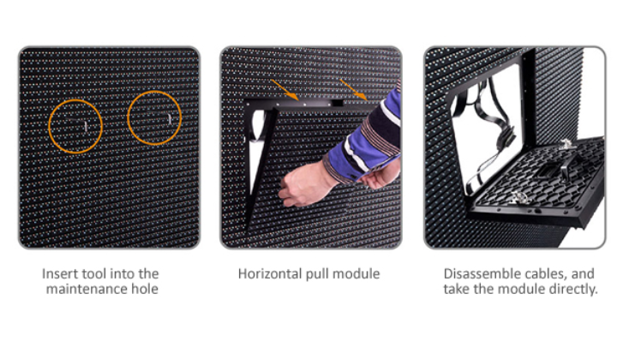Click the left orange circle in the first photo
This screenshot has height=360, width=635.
click(x=49, y=126)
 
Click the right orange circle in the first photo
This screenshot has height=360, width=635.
click(x=128, y=117)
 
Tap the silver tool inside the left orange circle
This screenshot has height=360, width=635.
click(x=86, y=126)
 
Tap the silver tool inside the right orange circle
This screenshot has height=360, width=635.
click(x=170, y=119)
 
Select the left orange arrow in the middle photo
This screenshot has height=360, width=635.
click(x=285, y=90)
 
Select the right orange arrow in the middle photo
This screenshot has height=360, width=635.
click(x=354, y=90)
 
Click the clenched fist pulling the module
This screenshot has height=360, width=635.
click(x=303, y=184)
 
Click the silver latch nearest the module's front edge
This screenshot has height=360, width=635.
click(x=517, y=198)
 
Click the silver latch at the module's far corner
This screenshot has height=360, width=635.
click(x=566, y=143)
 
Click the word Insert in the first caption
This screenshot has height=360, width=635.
click(x=60, y=273)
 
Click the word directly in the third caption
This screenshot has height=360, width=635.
click(x=573, y=290)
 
